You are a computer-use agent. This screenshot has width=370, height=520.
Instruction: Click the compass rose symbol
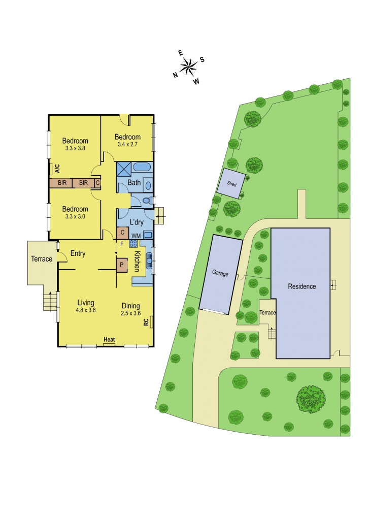pos(188,66)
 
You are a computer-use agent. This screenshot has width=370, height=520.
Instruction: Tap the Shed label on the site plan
pos(232,184)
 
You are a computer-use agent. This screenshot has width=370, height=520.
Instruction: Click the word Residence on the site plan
pos(301,286)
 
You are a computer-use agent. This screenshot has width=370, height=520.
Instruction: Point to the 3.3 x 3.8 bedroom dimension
pos(75,149)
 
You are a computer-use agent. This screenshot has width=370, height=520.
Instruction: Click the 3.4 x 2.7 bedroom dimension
pos(127,144)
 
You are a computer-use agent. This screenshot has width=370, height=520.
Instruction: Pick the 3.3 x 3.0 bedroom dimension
pos(75,217)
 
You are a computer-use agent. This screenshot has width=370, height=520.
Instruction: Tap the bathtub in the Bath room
pos(142,168)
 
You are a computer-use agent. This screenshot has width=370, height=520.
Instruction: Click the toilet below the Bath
pos(147,201)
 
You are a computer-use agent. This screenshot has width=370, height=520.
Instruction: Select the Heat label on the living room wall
pos(109,339)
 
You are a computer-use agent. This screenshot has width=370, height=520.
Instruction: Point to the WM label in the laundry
pos(136,236)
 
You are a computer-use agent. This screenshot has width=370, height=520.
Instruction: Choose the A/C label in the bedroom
pos(57,168)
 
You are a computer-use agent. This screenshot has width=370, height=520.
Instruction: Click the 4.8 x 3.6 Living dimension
pos(85,310)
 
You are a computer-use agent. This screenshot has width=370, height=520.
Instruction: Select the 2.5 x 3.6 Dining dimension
pos(131,313)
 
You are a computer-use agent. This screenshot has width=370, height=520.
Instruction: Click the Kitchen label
pos(137,261)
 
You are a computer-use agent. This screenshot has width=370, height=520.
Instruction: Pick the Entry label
pos(78,253)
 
